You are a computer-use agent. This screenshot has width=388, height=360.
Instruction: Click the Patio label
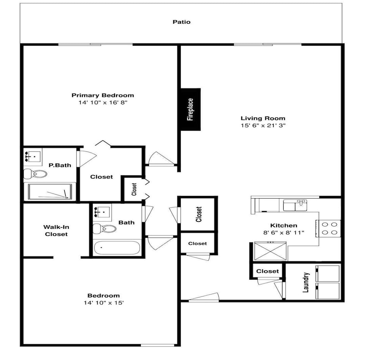point(182,22)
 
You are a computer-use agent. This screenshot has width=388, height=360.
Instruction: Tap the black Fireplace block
point(191,109)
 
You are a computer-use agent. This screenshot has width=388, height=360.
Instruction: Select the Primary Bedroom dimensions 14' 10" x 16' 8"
point(103,102)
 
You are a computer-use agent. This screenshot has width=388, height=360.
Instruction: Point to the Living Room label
point(263,118)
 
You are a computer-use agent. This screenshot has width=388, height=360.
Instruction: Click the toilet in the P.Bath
point(35,174)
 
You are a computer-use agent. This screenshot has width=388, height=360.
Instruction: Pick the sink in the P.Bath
point(33,157)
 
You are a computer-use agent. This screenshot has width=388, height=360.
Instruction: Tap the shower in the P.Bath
point(50,192)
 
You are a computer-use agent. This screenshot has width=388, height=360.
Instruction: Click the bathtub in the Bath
point(117,247)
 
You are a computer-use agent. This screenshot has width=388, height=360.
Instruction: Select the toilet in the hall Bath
point(104,228)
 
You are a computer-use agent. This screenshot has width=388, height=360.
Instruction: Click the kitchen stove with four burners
point(328,228)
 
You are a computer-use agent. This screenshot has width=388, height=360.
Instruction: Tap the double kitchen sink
point(295,205)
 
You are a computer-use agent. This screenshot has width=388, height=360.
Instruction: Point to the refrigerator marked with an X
point(270,251)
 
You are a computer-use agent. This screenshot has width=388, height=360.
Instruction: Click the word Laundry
point(306,282)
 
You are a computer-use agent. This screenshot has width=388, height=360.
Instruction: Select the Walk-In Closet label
point(56,230)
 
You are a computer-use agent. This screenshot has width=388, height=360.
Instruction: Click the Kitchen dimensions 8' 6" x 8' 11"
point(284,233)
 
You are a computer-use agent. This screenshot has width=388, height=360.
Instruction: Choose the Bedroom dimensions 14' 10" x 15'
point(104,303)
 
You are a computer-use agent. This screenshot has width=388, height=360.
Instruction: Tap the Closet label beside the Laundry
point(267,271)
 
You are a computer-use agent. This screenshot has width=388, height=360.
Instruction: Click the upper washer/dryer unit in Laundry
point(327,273)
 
